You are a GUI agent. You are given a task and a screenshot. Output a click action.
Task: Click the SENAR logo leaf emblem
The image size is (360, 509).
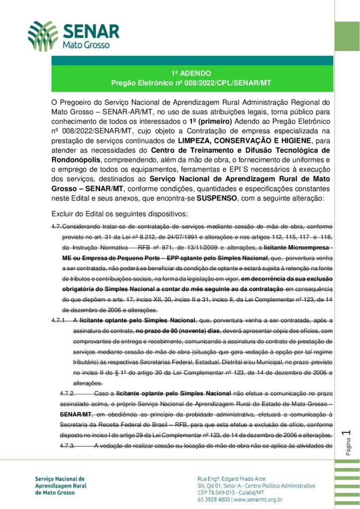43,36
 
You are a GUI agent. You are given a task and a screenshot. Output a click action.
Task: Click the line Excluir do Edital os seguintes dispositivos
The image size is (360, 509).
119,214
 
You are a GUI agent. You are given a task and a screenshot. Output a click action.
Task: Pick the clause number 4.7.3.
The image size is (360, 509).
68,446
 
